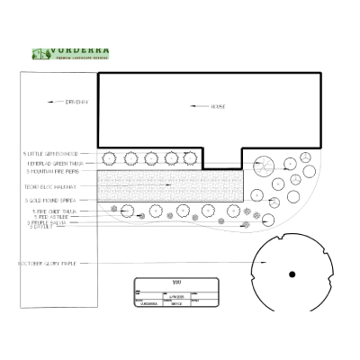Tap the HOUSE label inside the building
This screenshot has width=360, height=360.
[217, 106]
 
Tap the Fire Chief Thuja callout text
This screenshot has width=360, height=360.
[52, 211]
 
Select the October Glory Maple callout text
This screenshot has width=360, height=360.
[50, 264]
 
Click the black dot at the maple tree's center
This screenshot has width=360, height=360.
[292, 274]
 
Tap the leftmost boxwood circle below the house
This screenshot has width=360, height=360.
[110, 159]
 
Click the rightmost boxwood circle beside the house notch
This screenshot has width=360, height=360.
[190, 159]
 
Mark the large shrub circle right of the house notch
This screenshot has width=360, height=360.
[264, 166]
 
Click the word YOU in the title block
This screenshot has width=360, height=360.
[176, 283]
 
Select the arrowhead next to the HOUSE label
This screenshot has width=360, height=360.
[193, 106]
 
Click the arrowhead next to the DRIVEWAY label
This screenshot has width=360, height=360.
[51, 103]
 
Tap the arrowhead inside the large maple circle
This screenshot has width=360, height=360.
[261, 262]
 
